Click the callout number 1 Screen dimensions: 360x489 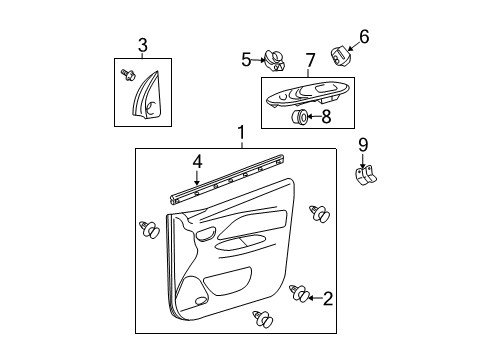[239, 133]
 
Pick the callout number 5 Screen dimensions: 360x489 [246, 59]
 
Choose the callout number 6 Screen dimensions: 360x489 [364, 36]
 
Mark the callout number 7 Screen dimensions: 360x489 [309, 60]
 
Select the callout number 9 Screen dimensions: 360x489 [364, 145]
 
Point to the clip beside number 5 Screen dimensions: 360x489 [272, 61]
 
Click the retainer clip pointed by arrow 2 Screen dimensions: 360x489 [299, 294]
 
